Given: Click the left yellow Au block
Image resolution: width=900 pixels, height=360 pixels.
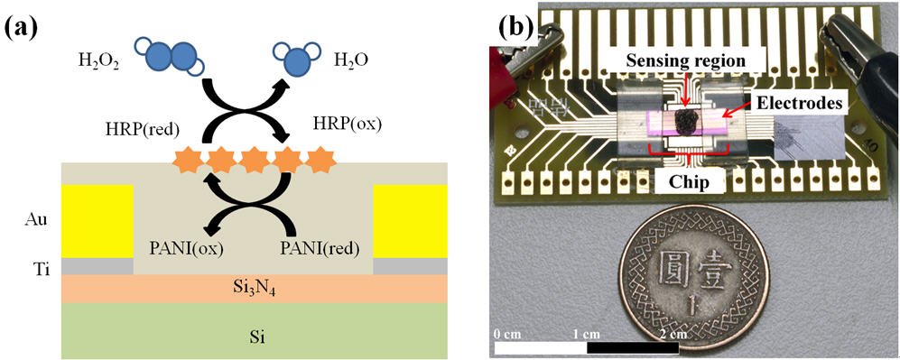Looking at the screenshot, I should click(97, 220).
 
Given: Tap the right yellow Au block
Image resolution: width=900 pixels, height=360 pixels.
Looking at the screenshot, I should click(409, 220).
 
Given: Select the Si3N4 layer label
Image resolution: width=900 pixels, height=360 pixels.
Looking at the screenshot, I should click(254, 287).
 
